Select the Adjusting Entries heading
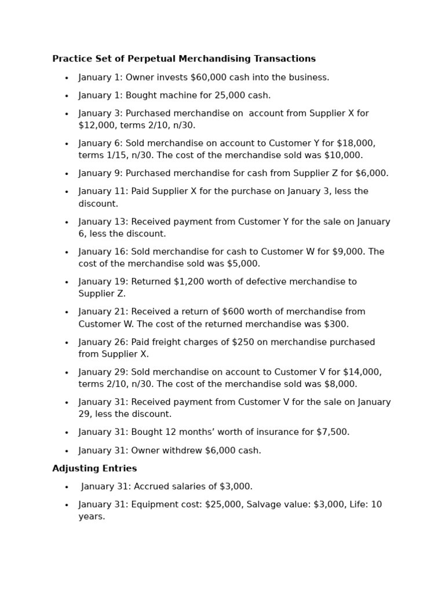94,468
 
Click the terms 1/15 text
116,156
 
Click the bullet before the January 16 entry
67,252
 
